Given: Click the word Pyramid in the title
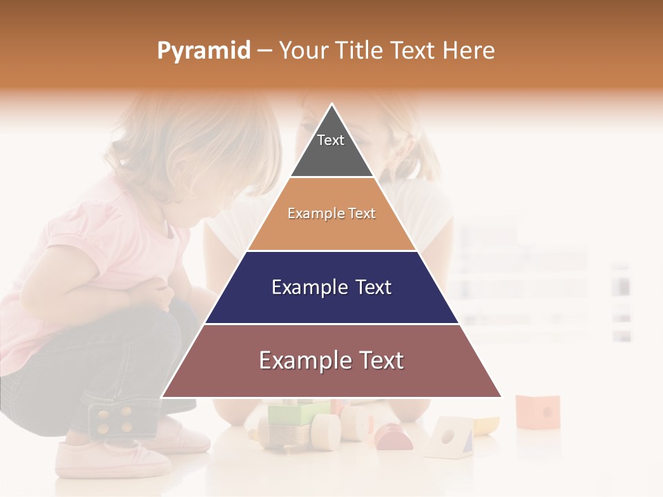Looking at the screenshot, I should click(x=204, y=51).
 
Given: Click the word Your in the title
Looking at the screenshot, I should click(x=305, y=51).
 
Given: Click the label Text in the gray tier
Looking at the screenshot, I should click(x=330, y=140).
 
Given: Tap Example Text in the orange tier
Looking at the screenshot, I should click(x=331, y=214).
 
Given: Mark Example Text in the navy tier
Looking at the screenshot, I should click(x=331, y=287).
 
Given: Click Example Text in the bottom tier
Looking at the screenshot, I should click(x=331, y=360).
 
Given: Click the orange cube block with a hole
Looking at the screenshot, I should click(x=537, y=411).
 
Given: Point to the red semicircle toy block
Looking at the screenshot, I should click(x=394, y=438).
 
